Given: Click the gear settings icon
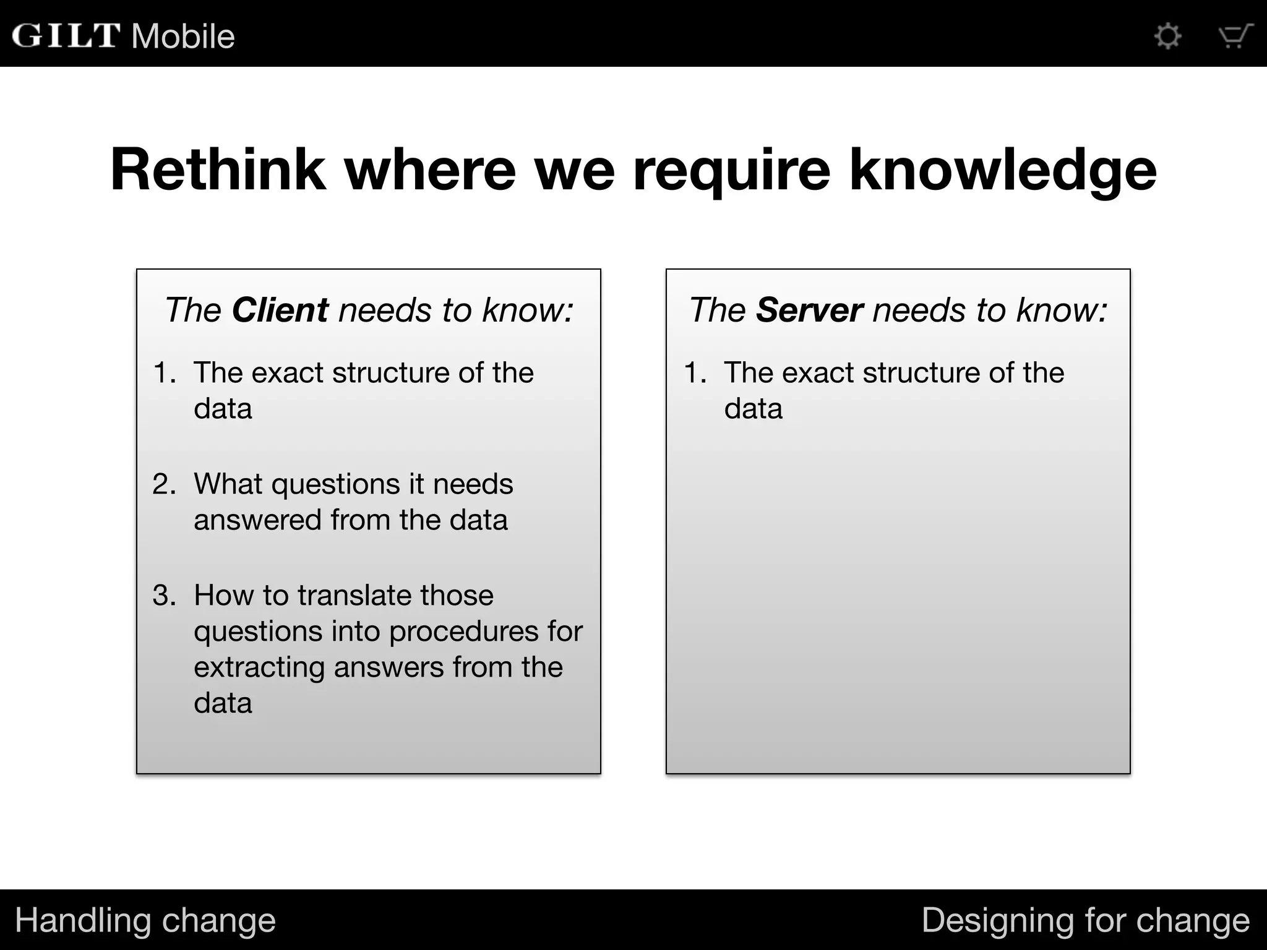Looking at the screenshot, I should click(x=1168, y=36).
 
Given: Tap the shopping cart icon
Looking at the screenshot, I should click(x=1235, y=36).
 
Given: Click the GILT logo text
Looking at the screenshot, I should click(x=66, y=36).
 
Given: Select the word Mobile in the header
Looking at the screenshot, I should click(x=183, y=36).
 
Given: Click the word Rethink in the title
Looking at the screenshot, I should click(x=218, y=170).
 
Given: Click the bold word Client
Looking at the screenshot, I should click(x=280, y=310).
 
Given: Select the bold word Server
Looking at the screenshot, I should click(x=809, y=310).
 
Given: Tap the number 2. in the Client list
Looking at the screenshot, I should click(x=164, y=484).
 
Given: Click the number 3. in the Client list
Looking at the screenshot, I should click(x=164, y=596).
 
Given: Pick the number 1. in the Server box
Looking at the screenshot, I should click(x=695, y=373).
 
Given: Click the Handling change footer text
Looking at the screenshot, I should click(x=145, y=920).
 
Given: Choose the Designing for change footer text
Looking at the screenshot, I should click(x=1085, y=920).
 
